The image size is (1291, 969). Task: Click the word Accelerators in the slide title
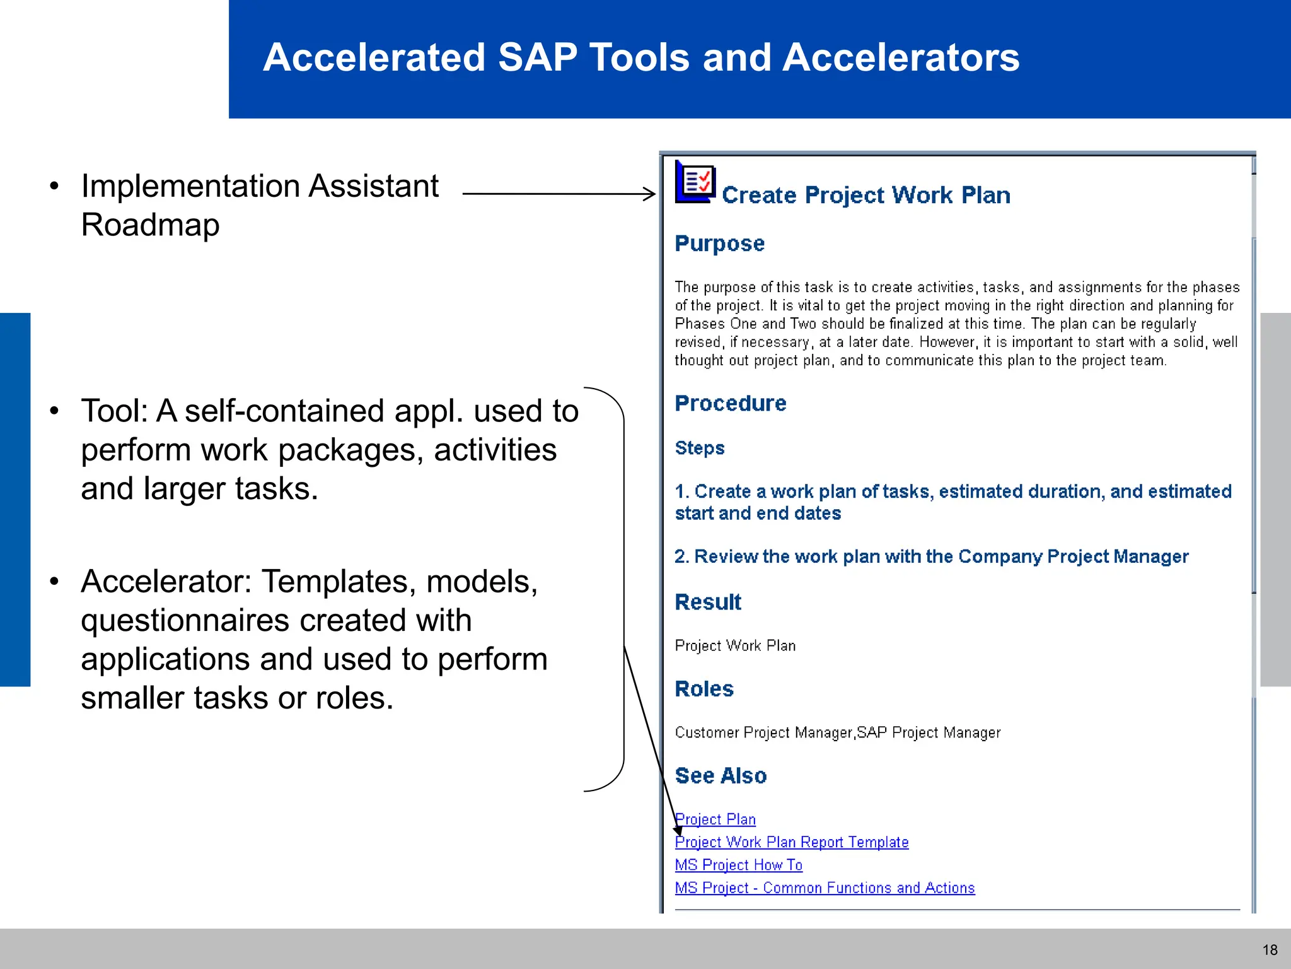(901, 57)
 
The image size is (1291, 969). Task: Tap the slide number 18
(1270, 950)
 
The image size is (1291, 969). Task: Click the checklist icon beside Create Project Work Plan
(695, 182)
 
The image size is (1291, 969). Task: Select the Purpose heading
(719, 244)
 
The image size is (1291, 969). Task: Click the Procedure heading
(730, 403)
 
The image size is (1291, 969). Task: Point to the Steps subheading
(699, 448)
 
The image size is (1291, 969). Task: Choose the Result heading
(707, 602)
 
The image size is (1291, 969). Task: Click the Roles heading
(703, 688)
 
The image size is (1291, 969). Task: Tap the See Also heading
(721, 775)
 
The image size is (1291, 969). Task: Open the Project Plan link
(715, 819)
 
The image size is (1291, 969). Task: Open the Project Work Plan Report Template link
(792, 842)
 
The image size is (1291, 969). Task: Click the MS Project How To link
(738, 865)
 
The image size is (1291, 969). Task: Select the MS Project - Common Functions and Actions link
(825, 888)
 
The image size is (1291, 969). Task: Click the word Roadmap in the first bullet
(150, 225)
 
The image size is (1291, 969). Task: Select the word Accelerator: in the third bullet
(166, 581)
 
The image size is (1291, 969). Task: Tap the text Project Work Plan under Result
(735, 645)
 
